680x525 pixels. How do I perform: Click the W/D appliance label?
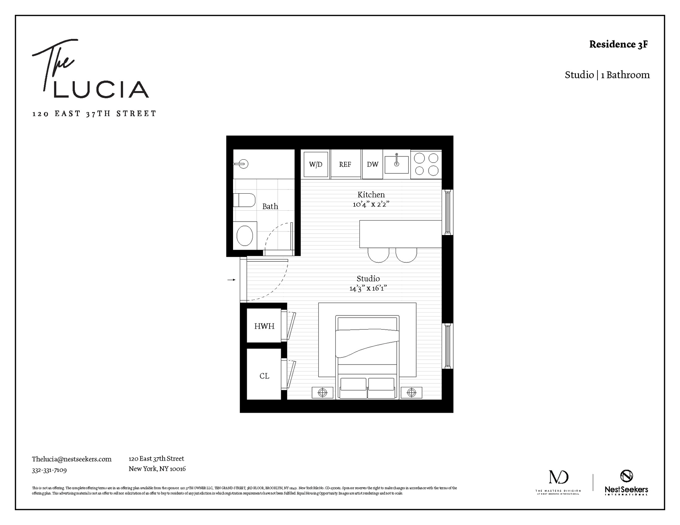point(316,164)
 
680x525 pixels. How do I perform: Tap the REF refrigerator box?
point(345,164)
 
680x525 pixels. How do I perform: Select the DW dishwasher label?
point(373,164)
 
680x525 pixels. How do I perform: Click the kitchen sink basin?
point(397,164)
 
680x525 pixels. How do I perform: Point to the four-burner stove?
point(426,164)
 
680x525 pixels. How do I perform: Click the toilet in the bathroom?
point(244,200)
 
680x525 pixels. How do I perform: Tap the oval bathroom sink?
point(244,235)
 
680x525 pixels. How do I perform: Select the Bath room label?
point(270,206)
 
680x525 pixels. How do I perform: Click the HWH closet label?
point(264,326)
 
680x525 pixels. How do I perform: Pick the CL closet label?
point(264,376)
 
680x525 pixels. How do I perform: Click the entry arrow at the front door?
point(232,280)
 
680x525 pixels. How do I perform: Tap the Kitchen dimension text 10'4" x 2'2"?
point(371,204)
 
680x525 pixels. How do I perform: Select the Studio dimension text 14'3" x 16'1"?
point(368,288)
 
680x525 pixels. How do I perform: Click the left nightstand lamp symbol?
point(323,392)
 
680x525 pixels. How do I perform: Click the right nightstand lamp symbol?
point(412,392)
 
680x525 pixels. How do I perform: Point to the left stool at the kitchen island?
point(379,255)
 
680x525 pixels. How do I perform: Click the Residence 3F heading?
point(618,44)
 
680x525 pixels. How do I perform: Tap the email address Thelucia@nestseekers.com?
point(72,459)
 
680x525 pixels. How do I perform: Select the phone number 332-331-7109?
point(49,470)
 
